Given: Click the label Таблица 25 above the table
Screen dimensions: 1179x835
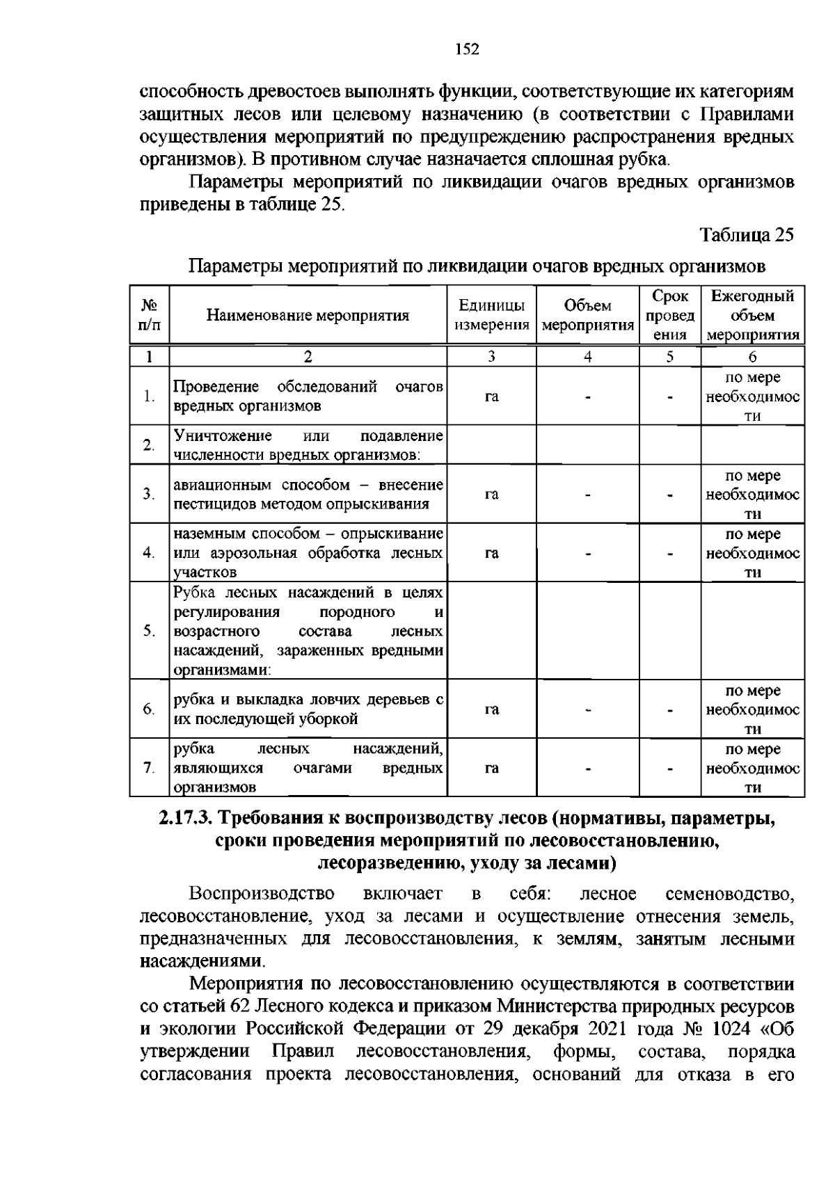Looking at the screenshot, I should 746,234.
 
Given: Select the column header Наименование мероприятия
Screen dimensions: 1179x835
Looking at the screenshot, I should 308,316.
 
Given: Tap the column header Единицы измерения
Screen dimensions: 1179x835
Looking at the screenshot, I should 491,316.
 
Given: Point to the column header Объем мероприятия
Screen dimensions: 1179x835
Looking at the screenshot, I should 588,316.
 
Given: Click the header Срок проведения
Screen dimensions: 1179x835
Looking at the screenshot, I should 669,316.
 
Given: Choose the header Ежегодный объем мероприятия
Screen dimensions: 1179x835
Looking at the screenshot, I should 752,316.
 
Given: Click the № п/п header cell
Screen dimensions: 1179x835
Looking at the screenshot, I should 149,316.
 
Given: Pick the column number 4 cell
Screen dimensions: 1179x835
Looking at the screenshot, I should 588,357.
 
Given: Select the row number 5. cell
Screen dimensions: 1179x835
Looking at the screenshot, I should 149,632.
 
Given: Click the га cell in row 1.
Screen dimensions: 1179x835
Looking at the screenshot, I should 491,396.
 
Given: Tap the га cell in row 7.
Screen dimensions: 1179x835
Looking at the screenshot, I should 491,769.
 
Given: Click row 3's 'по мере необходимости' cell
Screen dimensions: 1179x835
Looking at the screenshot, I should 752,495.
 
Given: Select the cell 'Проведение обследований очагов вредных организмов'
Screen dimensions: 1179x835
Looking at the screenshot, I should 308,396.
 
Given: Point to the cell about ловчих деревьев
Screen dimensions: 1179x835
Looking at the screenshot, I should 308,709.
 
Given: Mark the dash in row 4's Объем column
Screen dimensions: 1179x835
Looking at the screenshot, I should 588,554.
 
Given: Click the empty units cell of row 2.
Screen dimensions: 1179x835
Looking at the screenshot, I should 491,445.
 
